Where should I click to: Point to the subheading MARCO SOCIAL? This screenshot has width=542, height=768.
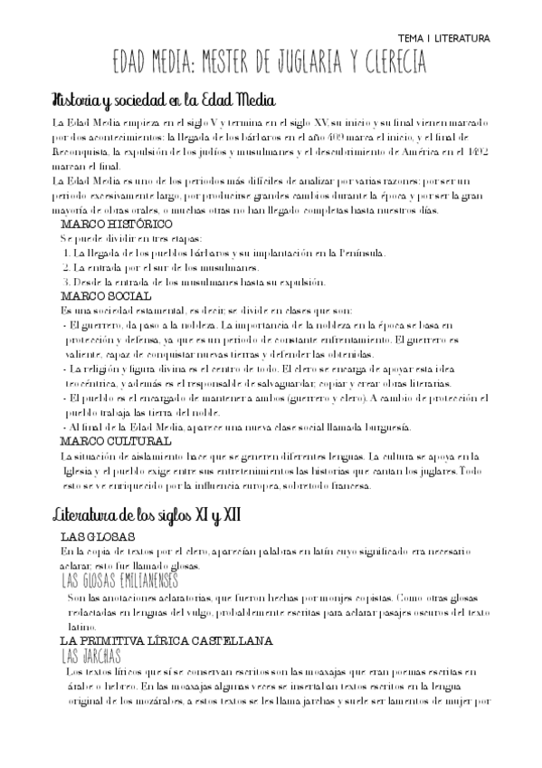click(x=105, y=295)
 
